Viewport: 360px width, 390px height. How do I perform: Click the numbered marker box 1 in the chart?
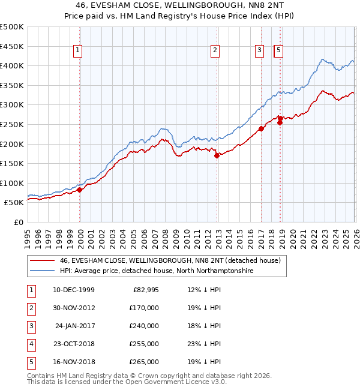pos(79,51)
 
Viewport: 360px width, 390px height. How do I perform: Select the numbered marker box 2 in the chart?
pos(215,51)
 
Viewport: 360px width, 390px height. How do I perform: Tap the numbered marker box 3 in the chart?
pos(259,51)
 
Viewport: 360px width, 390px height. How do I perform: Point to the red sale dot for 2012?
pos(217,155)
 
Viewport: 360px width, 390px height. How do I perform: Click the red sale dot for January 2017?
pos(261,128)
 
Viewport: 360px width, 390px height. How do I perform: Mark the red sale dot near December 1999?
pos(80,190)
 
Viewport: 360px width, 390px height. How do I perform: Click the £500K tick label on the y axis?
pos(12,27)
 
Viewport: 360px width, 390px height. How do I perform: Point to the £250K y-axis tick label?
pos(12,124)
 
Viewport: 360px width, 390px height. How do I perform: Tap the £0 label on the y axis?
pos(17,222)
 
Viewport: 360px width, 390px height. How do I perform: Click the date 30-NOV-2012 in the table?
pos(74,308)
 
